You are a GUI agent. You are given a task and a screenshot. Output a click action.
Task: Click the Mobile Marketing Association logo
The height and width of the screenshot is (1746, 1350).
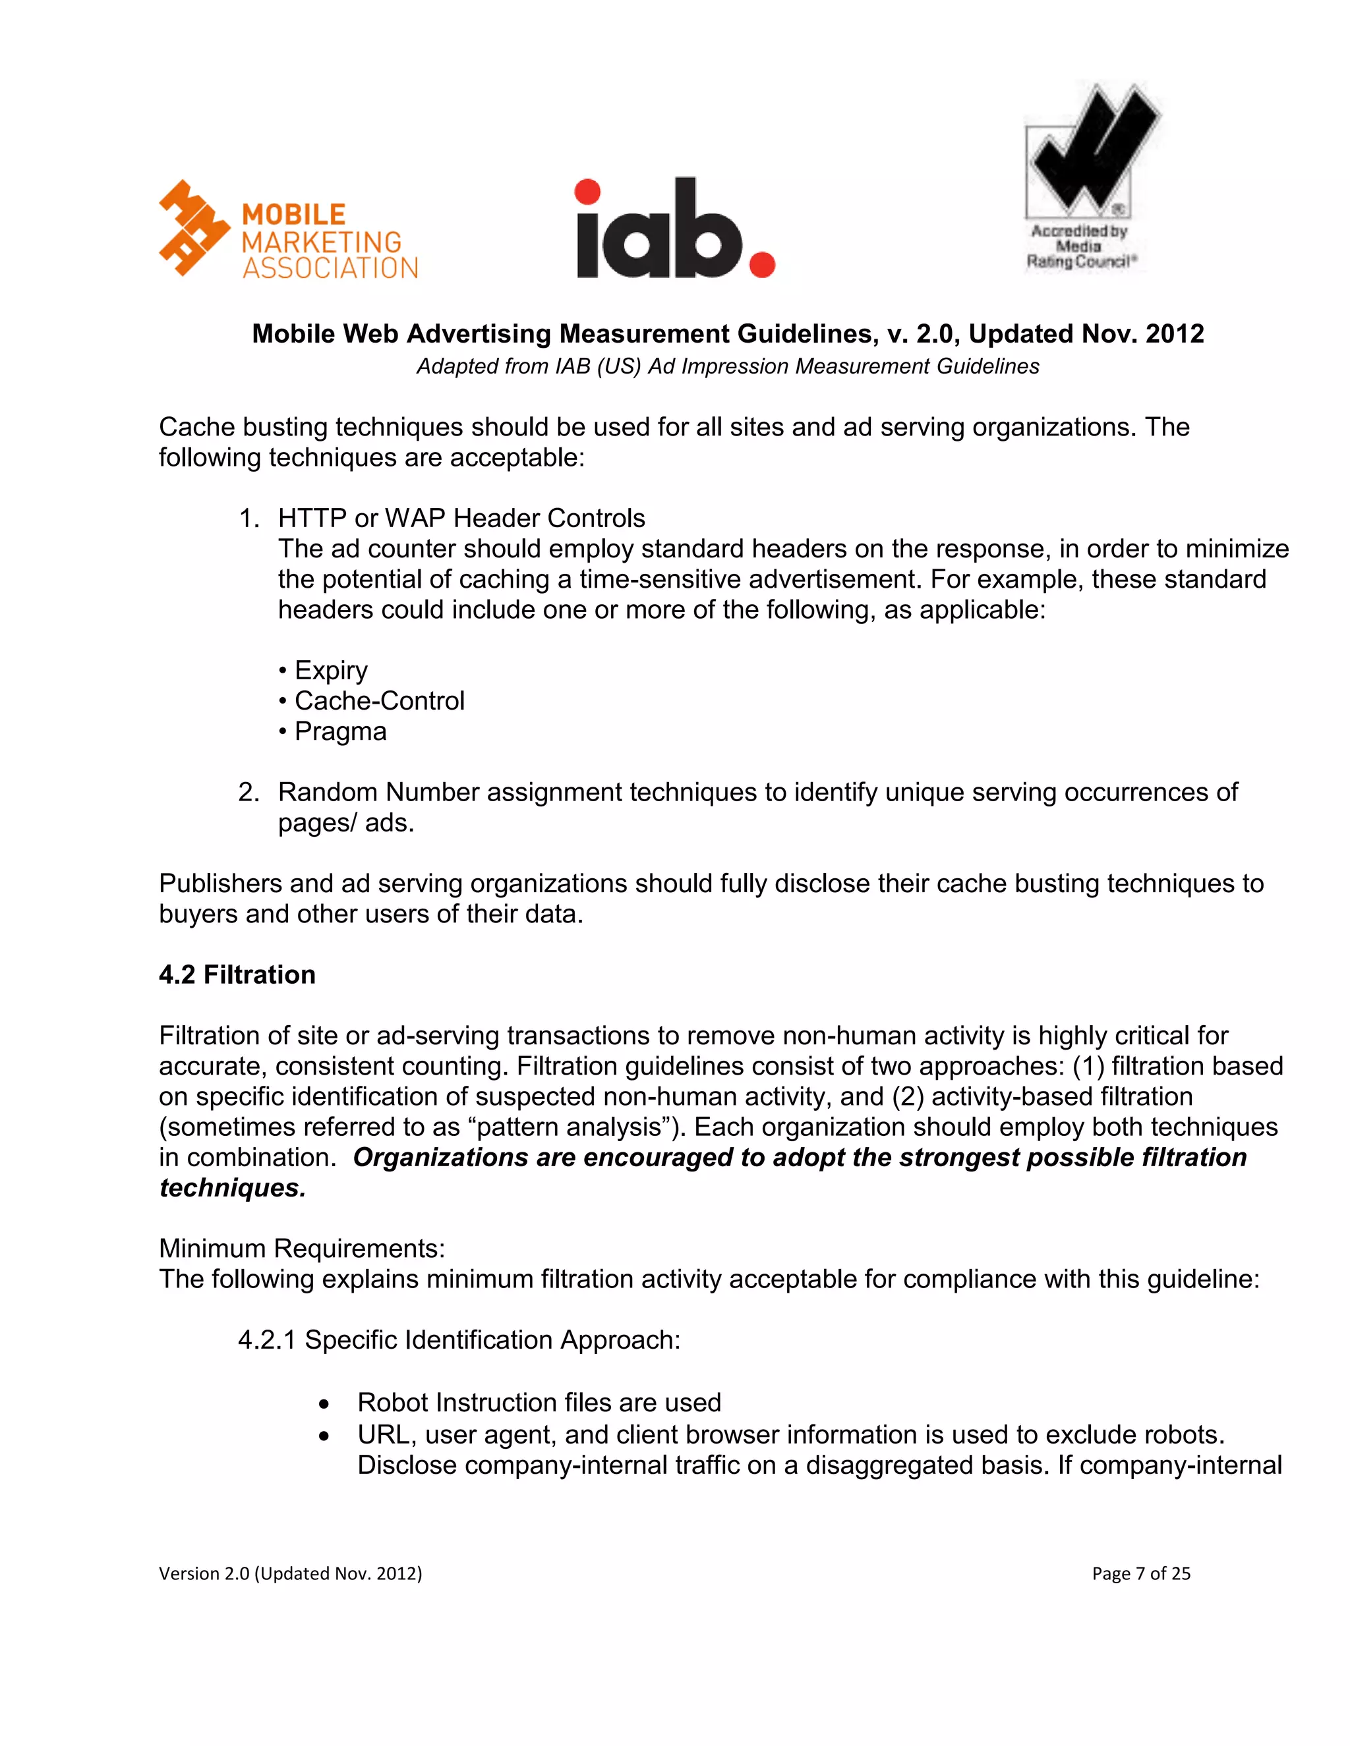(x=288, y=230)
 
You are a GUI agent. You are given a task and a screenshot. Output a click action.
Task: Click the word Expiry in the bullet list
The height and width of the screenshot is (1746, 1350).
(x=330, y=670)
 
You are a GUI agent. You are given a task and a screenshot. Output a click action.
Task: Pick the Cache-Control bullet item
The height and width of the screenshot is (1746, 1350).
(x=378, y=700)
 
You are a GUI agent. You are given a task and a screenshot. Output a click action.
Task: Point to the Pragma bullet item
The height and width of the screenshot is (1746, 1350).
(x=340, y=731)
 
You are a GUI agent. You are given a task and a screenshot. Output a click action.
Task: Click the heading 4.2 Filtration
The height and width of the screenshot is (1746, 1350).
(x=237, y=974)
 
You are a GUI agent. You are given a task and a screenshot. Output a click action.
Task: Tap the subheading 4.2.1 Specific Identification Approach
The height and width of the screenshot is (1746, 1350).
(x=458, y=1340)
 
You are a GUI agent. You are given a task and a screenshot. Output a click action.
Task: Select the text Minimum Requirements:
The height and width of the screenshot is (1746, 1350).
(x=301, y=1248)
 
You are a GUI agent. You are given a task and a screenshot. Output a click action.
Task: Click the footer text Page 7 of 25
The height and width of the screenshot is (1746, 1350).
(x=1140, y=1573)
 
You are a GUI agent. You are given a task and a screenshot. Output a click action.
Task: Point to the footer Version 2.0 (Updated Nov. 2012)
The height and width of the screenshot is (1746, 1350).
(x=290, y=1573)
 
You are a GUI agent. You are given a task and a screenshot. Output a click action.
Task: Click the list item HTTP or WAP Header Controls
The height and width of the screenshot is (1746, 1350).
(x=461, y=518)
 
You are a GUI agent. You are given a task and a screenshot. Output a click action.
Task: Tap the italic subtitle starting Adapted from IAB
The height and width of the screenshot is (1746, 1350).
(x=727, y=366)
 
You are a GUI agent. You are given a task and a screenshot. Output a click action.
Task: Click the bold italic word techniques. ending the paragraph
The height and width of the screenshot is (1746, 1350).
(x=232, y=1188)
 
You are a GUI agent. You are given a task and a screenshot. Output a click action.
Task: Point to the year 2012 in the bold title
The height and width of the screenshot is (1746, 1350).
(x=1174, y=333)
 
